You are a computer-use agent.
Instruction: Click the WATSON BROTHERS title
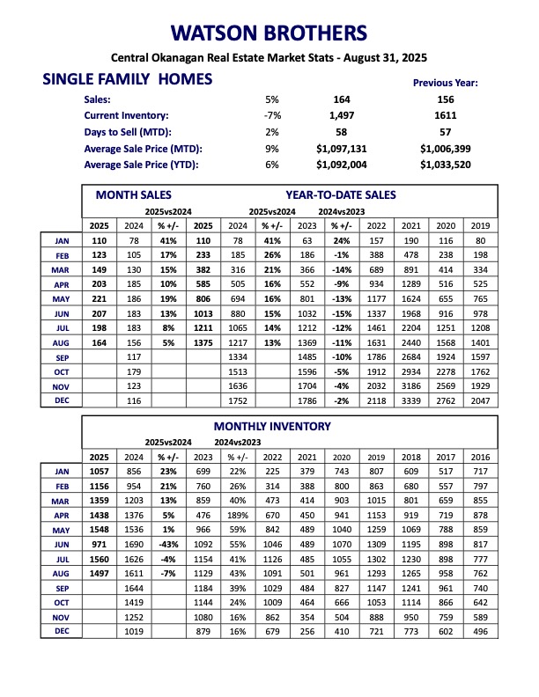[269, 34]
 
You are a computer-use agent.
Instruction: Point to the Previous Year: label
[445, 83]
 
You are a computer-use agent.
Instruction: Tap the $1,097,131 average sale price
[345, 148]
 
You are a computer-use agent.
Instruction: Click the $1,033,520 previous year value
[446, 164]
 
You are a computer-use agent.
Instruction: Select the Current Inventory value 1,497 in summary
[345, 115]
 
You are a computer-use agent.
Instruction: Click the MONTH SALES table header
[134, 194]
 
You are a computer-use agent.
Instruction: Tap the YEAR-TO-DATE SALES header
[341, 194]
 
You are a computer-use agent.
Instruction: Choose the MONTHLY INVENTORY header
[273, 427]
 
